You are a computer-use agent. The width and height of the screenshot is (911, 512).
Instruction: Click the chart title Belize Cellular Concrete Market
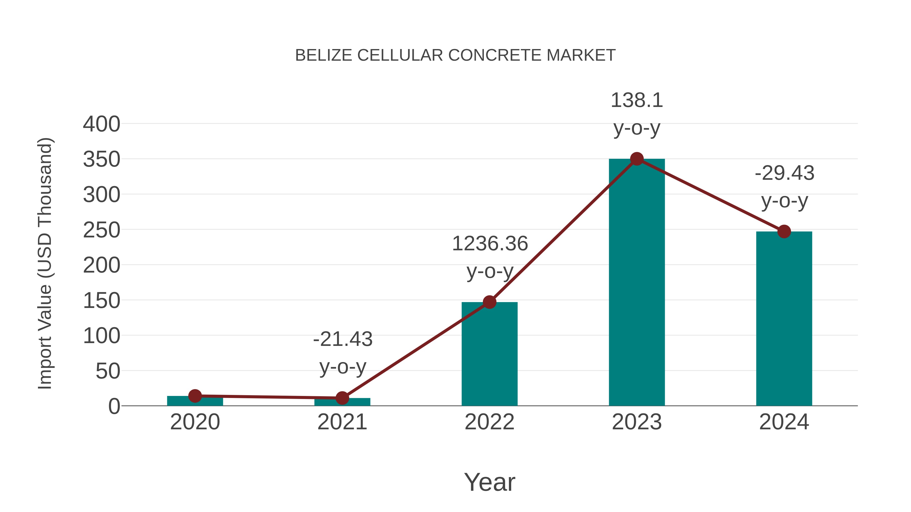(455, 55)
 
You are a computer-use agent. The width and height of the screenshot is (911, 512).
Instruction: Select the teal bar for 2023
(637, 283)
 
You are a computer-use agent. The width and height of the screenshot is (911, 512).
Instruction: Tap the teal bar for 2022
(489, 353)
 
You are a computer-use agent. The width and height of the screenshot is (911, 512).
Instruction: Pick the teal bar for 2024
(784, 318)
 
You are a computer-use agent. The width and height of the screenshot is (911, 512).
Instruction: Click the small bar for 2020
(195, 401)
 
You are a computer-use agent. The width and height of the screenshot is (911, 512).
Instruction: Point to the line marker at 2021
(342, 398)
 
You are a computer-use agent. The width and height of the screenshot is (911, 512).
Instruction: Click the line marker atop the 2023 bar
(637, 159)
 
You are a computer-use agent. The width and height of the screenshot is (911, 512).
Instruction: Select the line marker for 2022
(489, 302)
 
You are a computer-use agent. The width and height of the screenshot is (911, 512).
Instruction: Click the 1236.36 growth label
(490, 244)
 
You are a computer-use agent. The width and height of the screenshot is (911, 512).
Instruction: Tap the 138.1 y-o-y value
(637, 100)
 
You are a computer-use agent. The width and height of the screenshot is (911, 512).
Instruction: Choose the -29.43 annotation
(784, 173)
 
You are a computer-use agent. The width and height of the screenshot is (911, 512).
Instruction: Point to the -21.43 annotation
(343, 339)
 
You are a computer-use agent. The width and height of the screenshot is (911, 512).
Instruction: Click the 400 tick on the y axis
(101, 124)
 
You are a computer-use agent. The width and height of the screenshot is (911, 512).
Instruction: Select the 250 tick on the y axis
(101, 230)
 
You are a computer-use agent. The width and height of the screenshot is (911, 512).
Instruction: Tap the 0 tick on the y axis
(114, 406)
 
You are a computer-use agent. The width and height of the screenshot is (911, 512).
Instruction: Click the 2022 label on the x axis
(489, 422)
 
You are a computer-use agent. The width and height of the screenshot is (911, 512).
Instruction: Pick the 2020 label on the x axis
(195, 422)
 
